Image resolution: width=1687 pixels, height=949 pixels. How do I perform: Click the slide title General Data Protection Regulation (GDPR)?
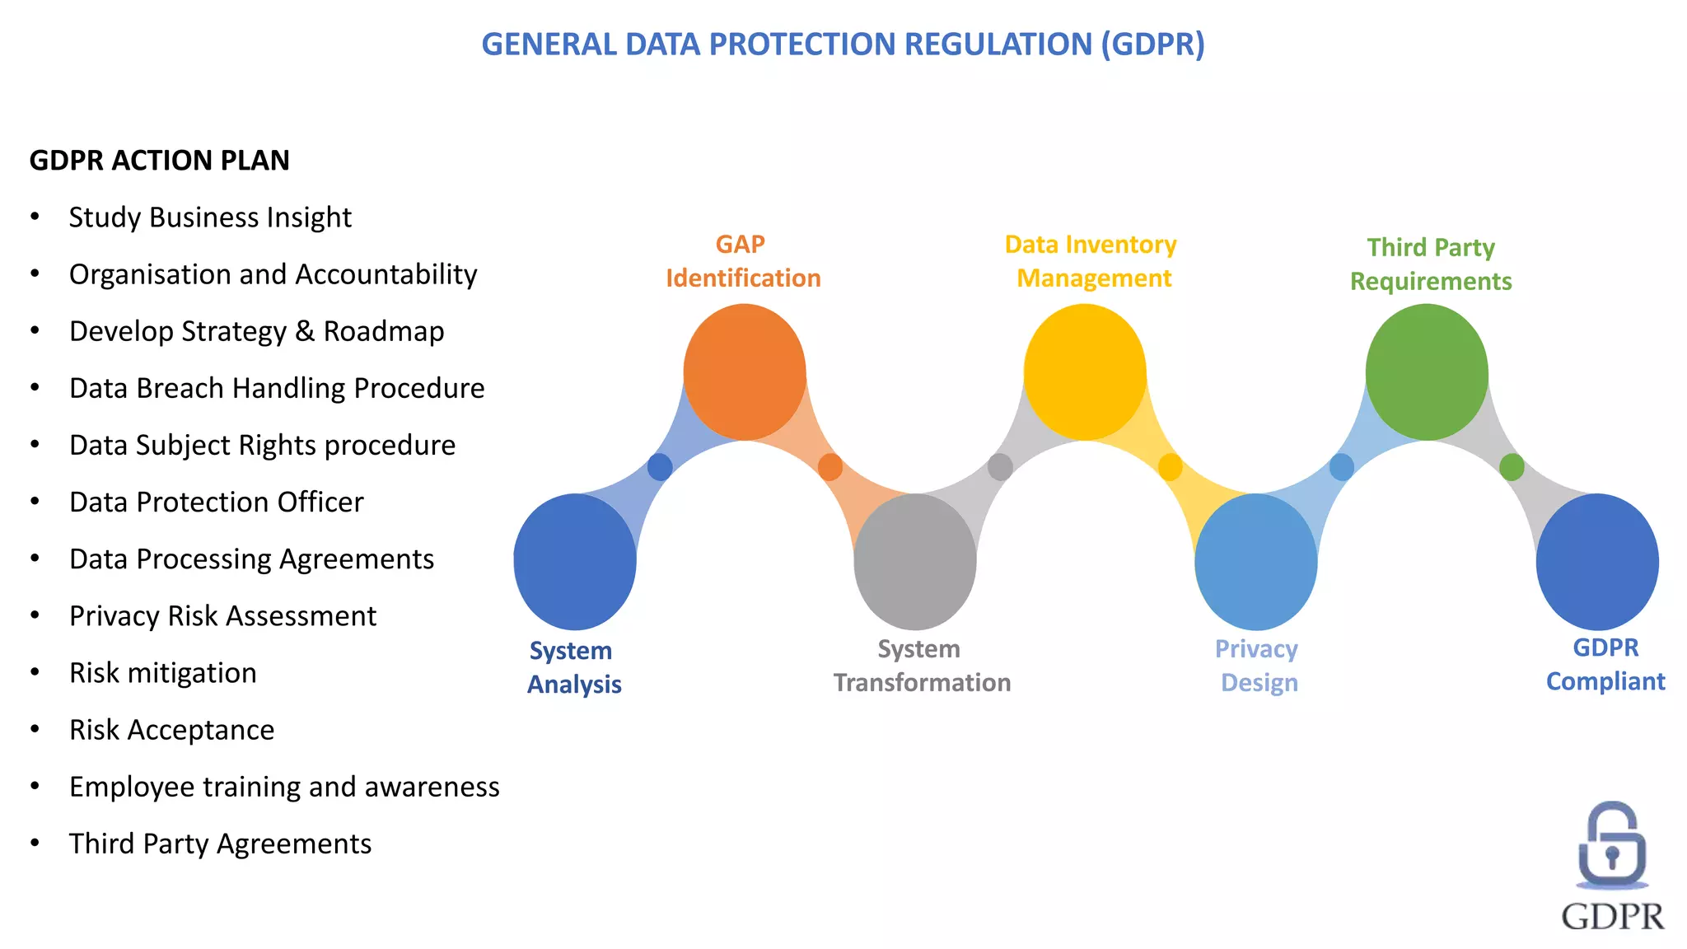coord(843,44)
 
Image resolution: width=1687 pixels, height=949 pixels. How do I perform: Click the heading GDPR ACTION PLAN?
coord(159,160)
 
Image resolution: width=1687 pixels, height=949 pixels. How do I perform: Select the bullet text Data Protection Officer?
coord(216,502)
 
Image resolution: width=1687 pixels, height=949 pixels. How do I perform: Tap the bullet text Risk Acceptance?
coord(171,730)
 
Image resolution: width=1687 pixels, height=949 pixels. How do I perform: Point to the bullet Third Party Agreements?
coord(220,844)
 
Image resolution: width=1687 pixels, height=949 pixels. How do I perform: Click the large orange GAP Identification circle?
coord(745,372)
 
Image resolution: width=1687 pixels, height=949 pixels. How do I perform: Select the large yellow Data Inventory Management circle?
coord(1085,372)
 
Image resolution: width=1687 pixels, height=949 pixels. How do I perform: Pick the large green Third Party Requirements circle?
coord(1427,372)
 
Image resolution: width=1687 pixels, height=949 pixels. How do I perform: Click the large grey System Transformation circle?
coord(915,562)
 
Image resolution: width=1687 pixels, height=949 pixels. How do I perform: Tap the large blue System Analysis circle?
coord(575,562)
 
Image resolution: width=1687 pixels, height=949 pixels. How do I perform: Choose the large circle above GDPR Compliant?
coord(1597,562)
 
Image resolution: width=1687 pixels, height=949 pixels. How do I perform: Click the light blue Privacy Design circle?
coord(1256,562)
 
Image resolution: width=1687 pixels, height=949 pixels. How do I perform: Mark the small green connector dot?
coord(1512,467)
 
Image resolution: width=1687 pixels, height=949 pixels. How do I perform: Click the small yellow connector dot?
coord(1170,467)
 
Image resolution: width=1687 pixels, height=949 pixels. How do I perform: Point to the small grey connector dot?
coord(1000,467)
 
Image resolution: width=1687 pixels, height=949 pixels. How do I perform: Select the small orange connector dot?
coord(830,467)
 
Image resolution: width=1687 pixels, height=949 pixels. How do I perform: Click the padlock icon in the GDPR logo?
coord(1612,846)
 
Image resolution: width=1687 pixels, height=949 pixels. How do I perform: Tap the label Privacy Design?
coord(1257,666)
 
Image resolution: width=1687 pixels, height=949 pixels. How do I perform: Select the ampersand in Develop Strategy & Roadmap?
coord(305,331)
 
